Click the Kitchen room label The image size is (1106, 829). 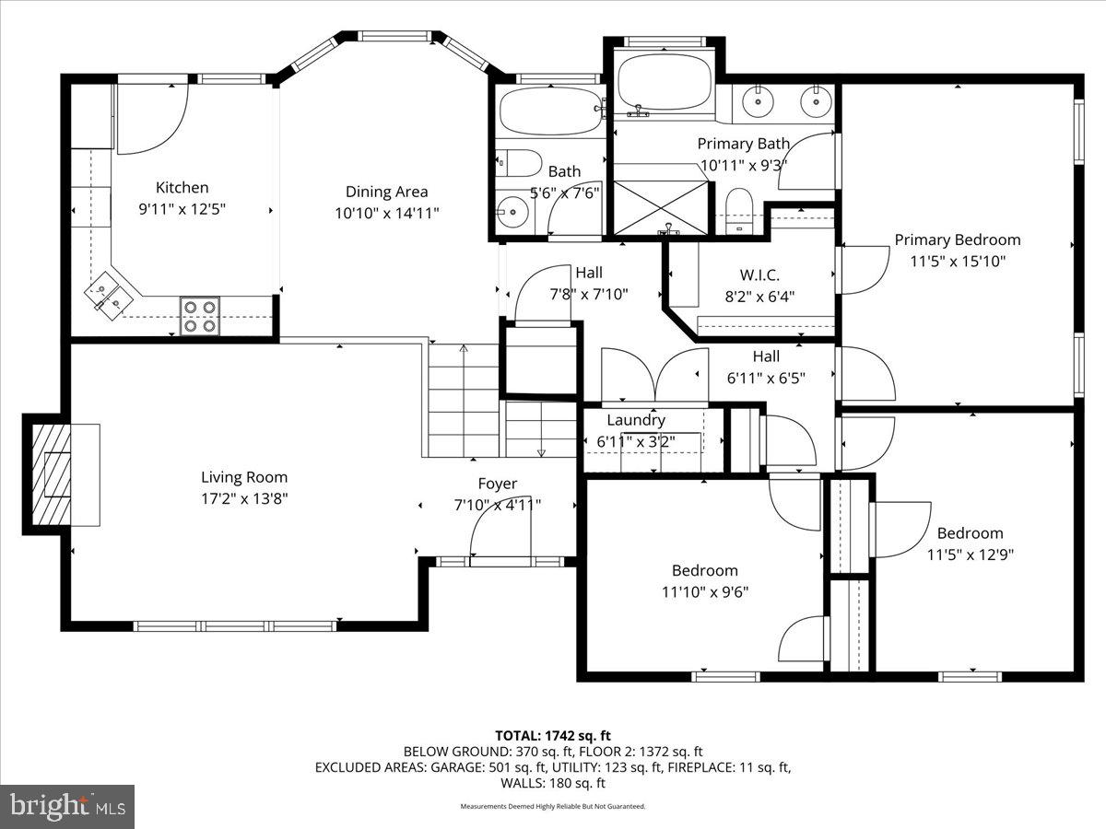point(182,187)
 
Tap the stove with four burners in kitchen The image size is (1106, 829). point(199,316)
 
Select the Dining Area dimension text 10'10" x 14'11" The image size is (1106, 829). point(386,213)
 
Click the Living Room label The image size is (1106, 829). point(244,477)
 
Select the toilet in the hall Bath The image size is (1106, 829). point(518,163)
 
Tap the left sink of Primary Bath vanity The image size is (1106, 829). point(758,101)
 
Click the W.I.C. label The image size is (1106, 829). point(759,274)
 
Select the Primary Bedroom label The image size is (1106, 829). point(957,239)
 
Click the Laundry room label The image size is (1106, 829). point(636,420)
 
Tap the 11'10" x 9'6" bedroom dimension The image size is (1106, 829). point(704,591)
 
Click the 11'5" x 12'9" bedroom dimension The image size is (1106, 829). point(970,555)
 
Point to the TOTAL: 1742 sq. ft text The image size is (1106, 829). point(553,735)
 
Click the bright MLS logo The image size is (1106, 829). point(67,806)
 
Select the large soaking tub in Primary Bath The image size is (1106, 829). point(664,83)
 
